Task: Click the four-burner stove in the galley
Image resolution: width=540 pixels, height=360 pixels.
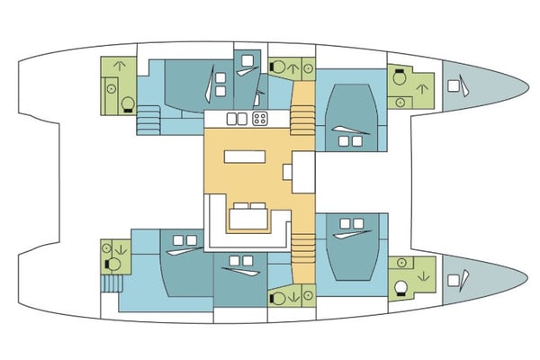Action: click(x=260, y=119)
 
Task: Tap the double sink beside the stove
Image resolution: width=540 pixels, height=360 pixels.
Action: click(x=237, y=119)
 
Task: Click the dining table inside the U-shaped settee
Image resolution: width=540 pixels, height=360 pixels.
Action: click(x=249, y=216)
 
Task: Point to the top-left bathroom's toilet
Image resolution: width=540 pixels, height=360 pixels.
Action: click(x=127, y=102)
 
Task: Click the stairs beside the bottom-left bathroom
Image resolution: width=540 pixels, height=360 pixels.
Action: click(x=111, y=284)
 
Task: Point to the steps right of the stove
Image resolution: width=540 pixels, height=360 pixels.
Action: click(x=301, y=115)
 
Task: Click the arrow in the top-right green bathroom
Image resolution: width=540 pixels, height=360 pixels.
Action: click(x=421, y=87)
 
